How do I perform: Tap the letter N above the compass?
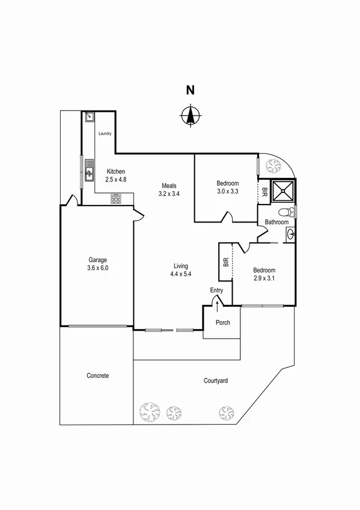pos(190,91)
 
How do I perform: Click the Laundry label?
pos(105,134)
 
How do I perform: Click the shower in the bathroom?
pos(282,191)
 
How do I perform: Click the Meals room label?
pos(168,185)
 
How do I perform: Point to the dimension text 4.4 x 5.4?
pos(180,274)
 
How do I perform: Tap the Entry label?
pos(216,290)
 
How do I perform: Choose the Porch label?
pos(223,323)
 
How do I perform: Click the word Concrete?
pos(97,376)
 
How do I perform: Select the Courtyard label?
pos(215,381)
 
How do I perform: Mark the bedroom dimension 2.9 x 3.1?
pos(264,278)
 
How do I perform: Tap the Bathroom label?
pos(277,223)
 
